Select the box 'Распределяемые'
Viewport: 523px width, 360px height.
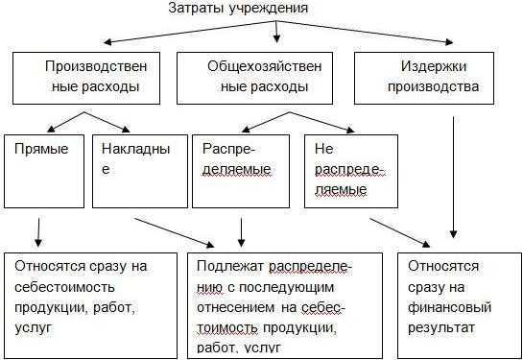pyautogui.click(x=242, y=169)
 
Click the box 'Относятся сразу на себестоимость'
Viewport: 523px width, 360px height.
pyautogui.click(x=90, y=303)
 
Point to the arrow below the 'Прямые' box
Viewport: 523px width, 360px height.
pyautogui.click(x=38, y=231)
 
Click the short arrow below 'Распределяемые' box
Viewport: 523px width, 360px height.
pyautogui.click(x=241, y=230)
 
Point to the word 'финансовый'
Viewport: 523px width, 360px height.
pyautogui.click(x=449, y=310)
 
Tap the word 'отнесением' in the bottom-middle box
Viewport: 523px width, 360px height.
pyautogui.click(x=230, y=308)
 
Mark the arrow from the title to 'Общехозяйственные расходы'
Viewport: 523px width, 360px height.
pyautogui.click(x=277, y=32)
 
